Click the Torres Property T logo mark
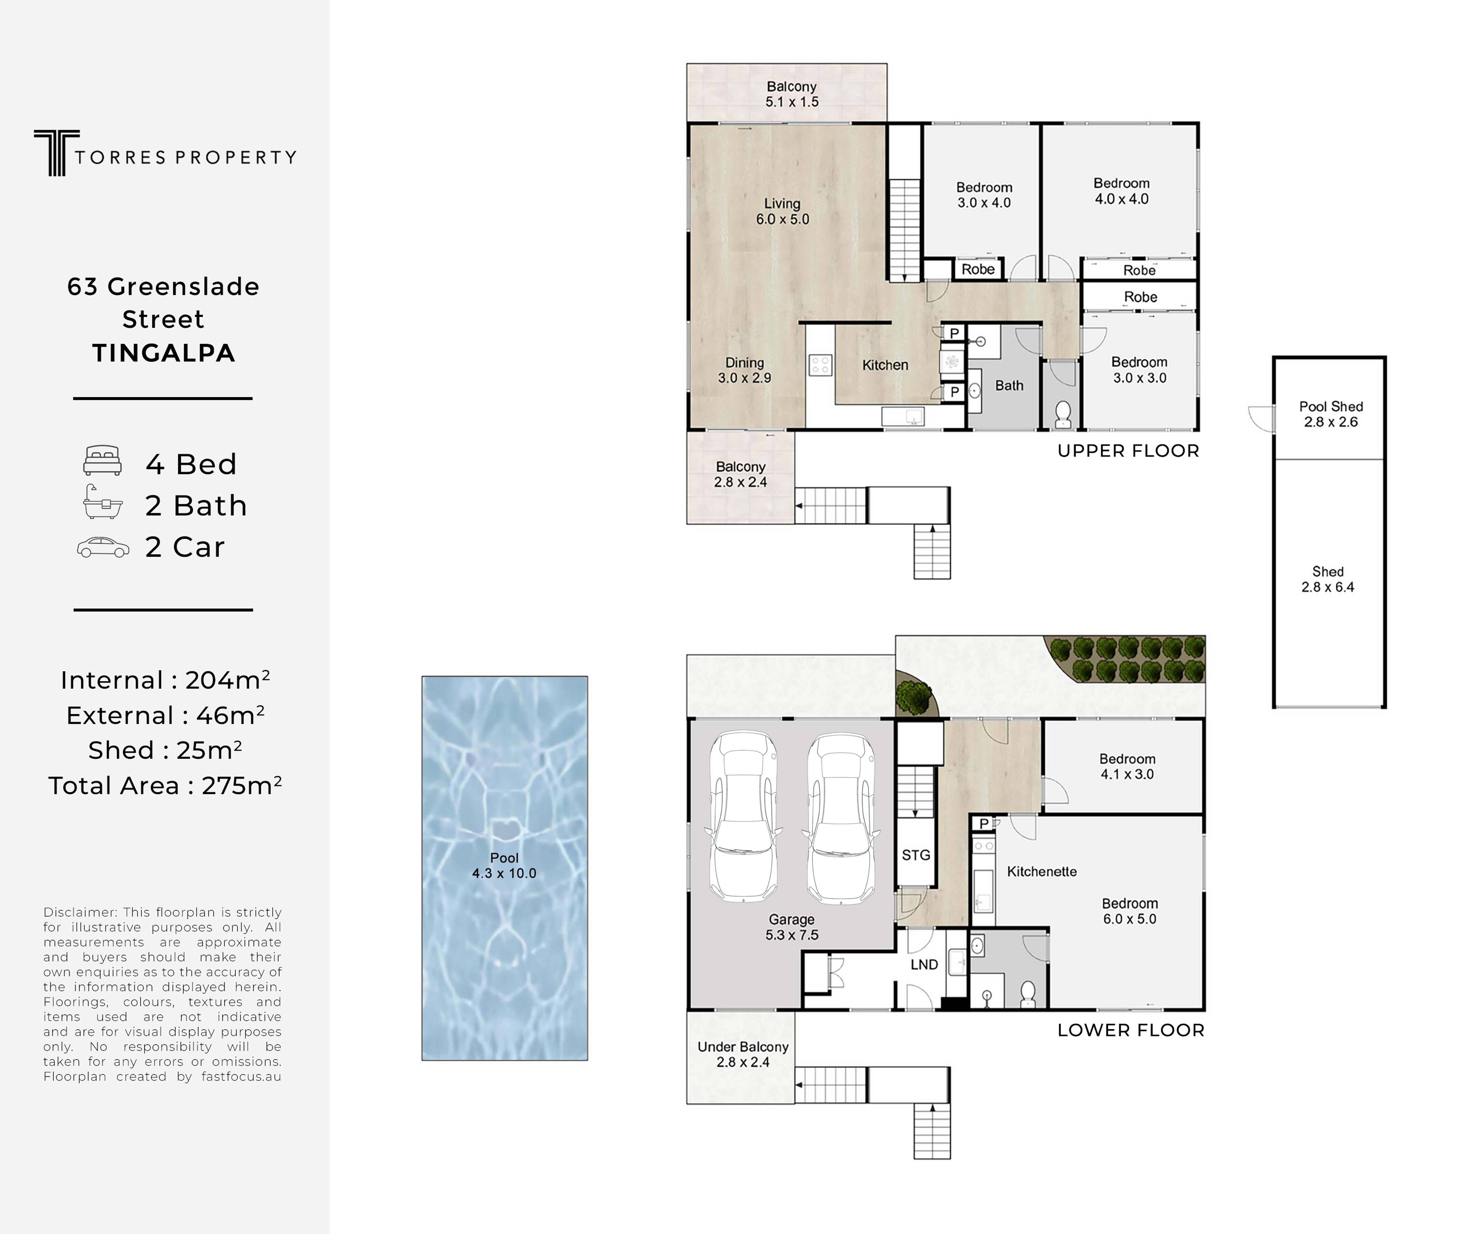click(56, 152)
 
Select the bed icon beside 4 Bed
click(102, 461)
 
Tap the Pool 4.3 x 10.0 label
click(504, 866)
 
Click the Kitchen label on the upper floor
click(885, 365)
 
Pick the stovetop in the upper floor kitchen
click(820, 365)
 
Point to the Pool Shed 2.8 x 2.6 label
click(1331, 414)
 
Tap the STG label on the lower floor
click(916, 855)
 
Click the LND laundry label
click(924, 965)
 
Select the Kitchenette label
click(1041, 871)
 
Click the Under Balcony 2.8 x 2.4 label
click(743, 1054)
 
